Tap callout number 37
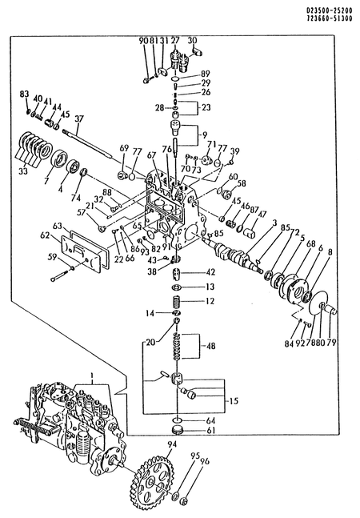pyautogui.click(x=78, y=119)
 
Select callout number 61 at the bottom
pyautogui.click(x=211, y=431)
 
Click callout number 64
pyautogui.click(x=211, y=420)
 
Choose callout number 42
pyautogui.click(x=211, y=272)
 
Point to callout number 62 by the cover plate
pyautogui.click(x=45, y=236)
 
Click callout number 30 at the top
pyautogui.click(x=192, y=40)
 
